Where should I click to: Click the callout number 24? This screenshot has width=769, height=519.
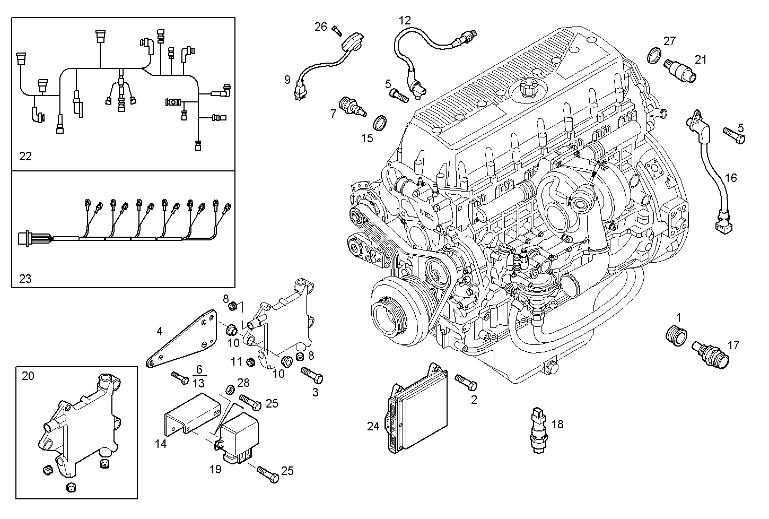[x=373, y=426]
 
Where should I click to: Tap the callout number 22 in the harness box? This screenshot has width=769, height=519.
[x=25, y=156]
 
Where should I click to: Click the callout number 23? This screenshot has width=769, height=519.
[x=25, y=278]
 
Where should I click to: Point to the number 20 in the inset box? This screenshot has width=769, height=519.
[x=28, y=376]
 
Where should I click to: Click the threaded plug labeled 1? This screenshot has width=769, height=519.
[x=676, y=335]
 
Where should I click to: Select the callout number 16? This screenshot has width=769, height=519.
[x=730, y=178]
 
